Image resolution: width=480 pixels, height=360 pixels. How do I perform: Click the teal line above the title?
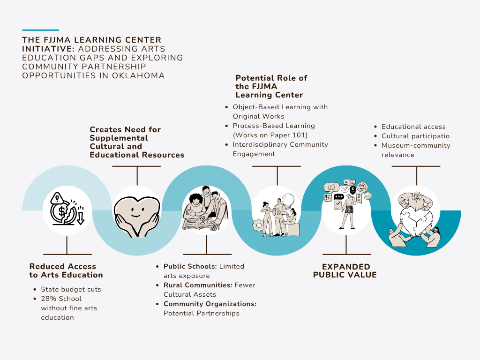tap(40, 30)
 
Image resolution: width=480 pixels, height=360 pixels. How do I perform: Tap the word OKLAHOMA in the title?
tap(138, 75)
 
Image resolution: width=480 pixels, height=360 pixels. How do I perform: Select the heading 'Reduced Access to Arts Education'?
tap(66, 270)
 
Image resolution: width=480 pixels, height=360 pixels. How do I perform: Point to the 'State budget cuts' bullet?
tap(71, 289)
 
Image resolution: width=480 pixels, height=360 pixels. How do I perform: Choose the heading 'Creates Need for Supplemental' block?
tap(137, 142)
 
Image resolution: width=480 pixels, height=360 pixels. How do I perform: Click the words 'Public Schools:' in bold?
tap(190, 266)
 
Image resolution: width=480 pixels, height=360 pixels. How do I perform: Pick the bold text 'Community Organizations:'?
tap(210, 304)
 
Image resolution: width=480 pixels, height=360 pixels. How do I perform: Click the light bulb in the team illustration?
tap(288, 201)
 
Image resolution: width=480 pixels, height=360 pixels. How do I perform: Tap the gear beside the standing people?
tap(258, 225)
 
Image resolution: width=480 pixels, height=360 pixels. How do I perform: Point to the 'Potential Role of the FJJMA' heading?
tap(271, 86)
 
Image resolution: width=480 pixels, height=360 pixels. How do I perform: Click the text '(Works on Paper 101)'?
tap(270, 135)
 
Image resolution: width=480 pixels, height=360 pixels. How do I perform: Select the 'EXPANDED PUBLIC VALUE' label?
tap(345, 270)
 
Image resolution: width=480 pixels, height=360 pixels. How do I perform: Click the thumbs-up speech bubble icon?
tap(331, 187)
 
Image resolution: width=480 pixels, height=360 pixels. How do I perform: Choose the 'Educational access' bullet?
tap(413, 127)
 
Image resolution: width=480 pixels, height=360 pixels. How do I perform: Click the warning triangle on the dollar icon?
tap(57, 198)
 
